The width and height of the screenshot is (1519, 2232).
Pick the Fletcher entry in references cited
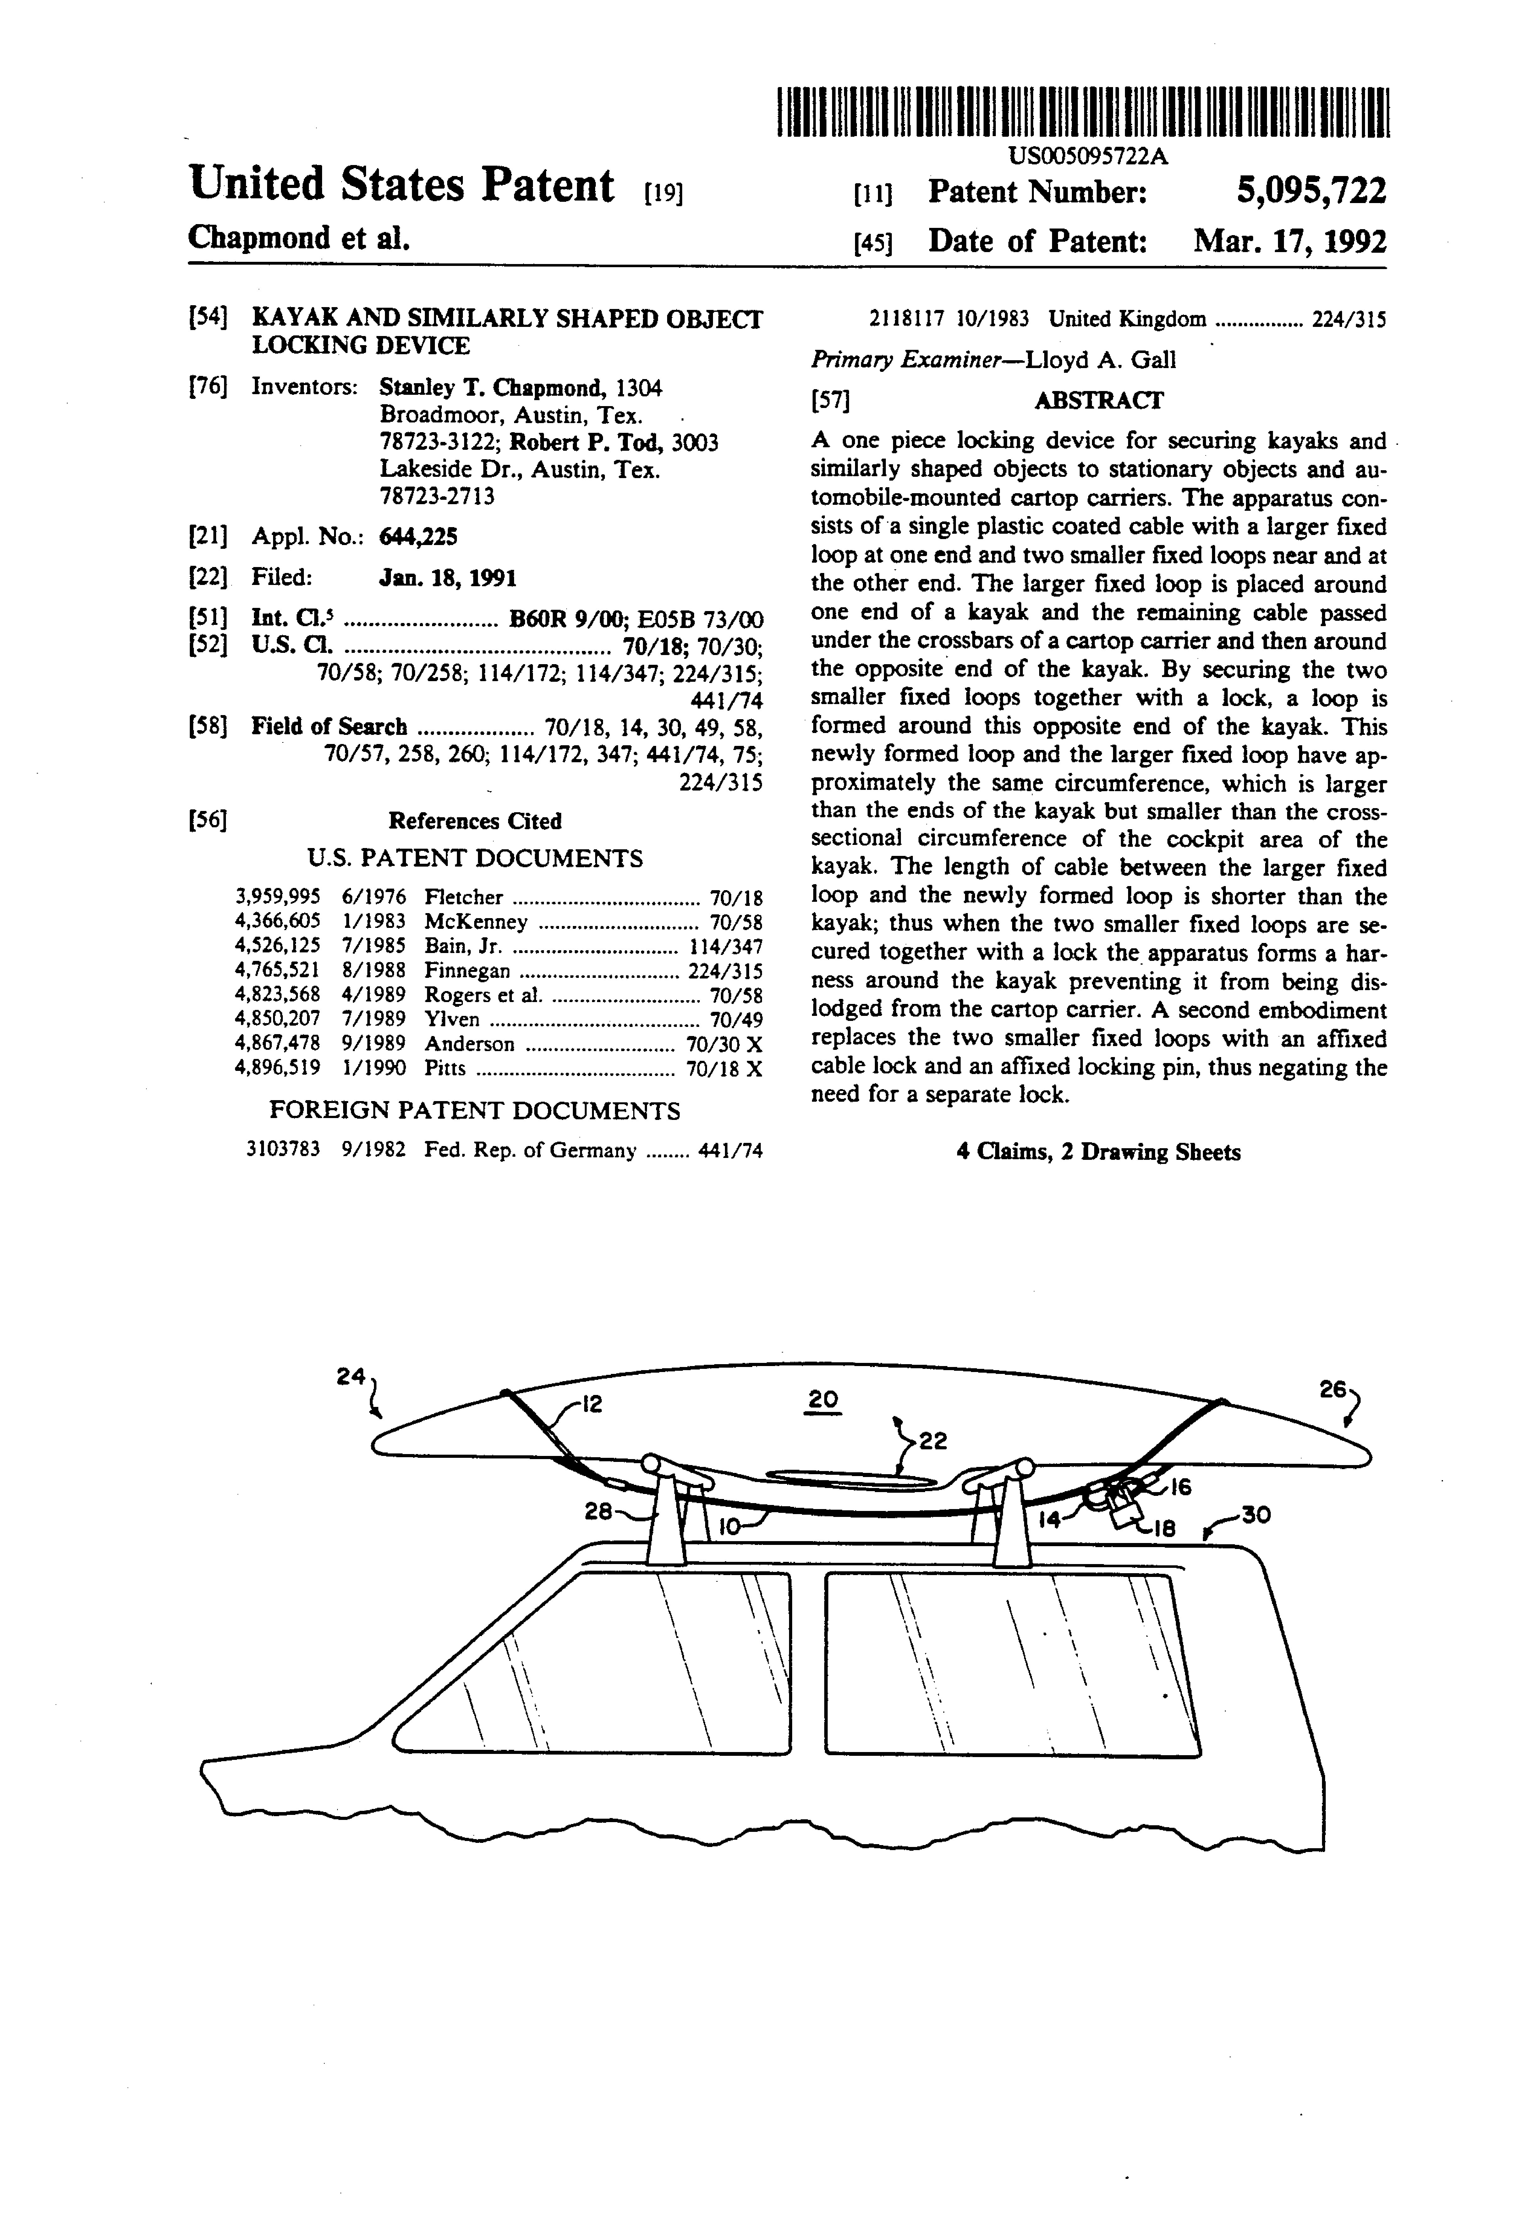click(464, 897)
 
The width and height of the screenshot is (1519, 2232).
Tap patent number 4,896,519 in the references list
click(277, 1068)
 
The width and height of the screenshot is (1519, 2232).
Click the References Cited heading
click(474, 821)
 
